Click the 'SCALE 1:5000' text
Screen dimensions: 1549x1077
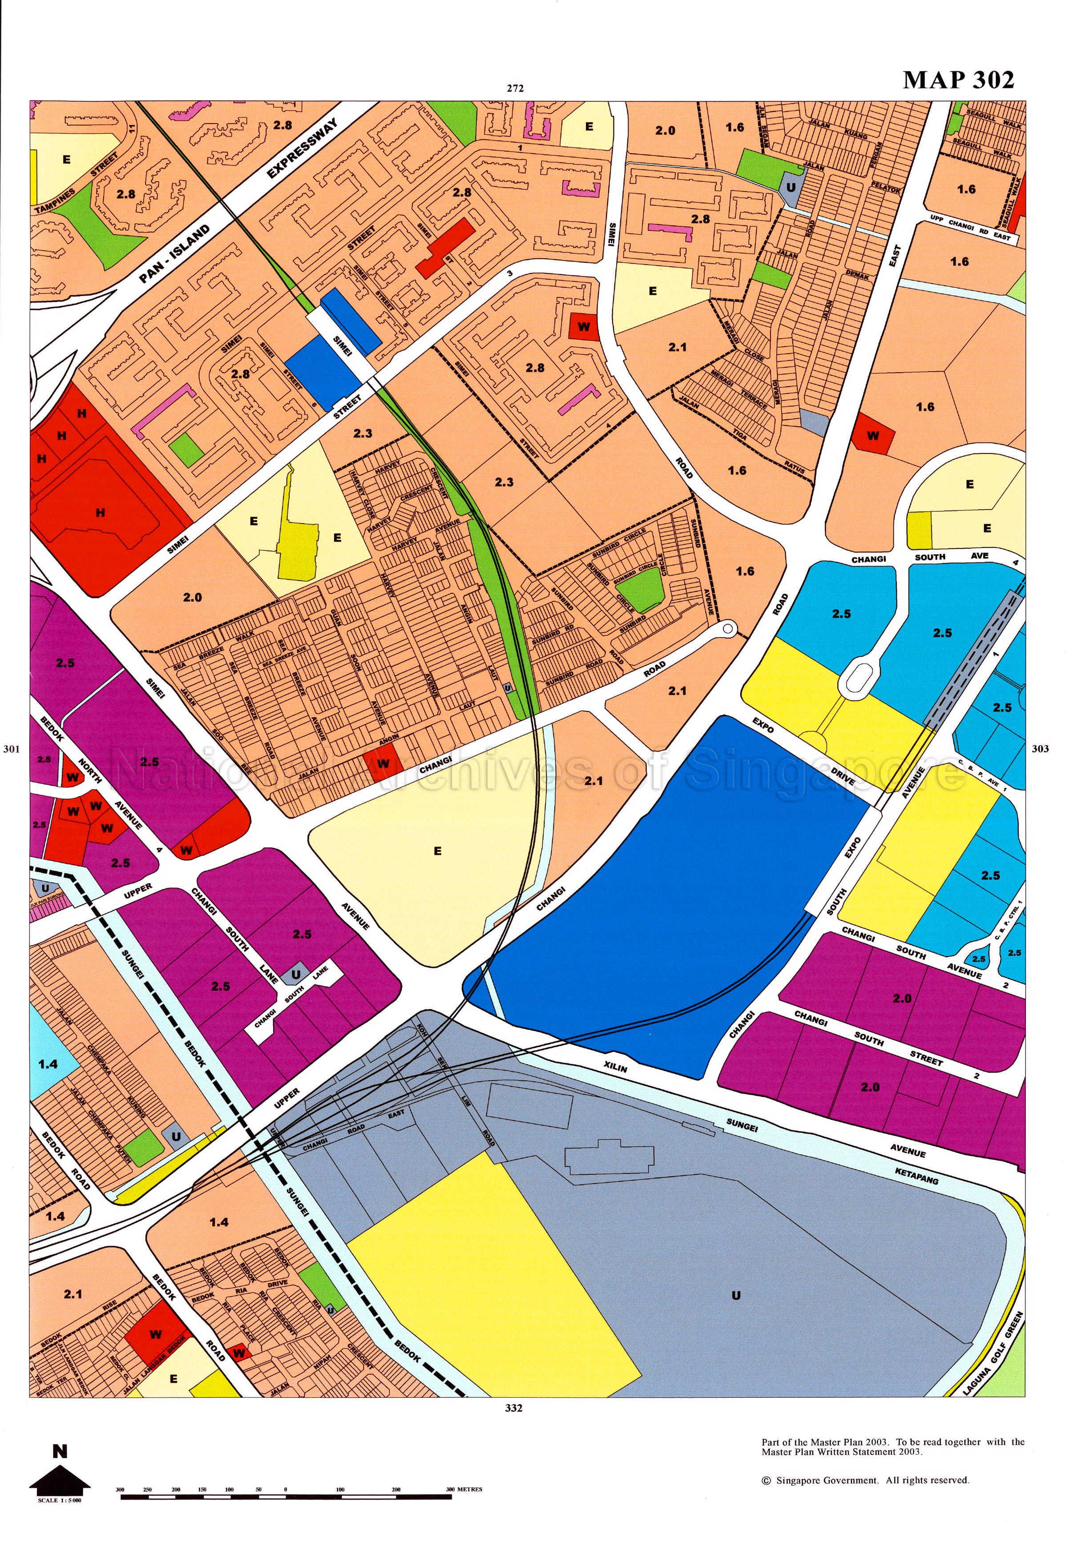click(60, 1501)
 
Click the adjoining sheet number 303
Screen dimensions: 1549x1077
click(1041, 749)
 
